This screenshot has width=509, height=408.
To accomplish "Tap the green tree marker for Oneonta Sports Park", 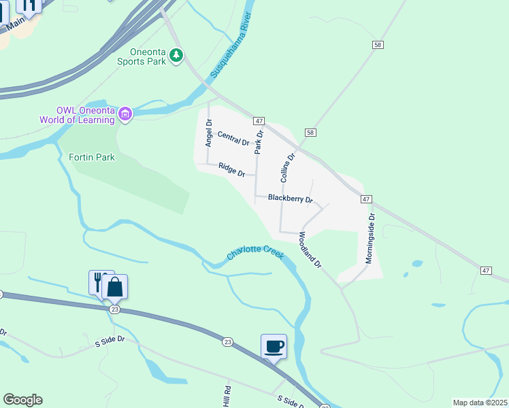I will (176, 54).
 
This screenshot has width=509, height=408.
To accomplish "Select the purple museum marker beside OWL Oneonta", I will (125, 114).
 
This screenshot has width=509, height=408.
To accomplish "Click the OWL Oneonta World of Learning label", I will (85, 115).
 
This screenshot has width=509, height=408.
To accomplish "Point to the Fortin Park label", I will (92, 157).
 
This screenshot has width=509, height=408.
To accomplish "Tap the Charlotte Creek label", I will (255, 254).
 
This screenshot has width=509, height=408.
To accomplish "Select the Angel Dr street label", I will (209, 133).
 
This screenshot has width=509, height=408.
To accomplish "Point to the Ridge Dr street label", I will (232, 169).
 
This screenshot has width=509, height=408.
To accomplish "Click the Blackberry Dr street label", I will (290, 199).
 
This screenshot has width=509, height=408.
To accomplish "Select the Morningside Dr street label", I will (370, 239).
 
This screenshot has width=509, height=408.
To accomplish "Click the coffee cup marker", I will (274, 347).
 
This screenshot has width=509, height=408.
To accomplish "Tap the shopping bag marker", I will (115, 287).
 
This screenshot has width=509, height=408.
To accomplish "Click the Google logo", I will (22, 400).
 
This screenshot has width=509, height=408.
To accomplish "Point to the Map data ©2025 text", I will (480, 403).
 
